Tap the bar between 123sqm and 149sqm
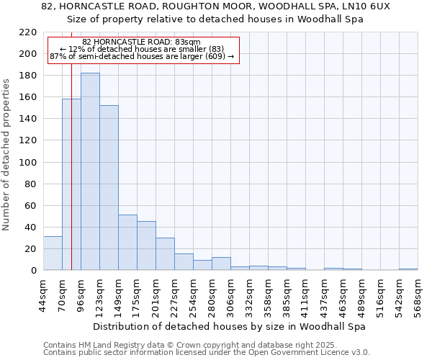[x=109, y=187]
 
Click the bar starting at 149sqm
[x=127, y=242]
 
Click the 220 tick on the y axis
[x=29, y=32]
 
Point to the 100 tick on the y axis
[x=29, y=163]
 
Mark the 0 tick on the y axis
[x=34, y=271]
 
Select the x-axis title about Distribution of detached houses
[x=230, y=326]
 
